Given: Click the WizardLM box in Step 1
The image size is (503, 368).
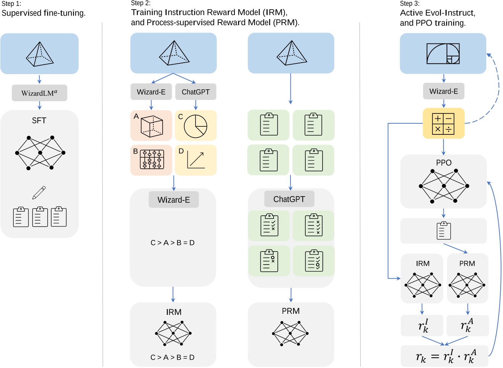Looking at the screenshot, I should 39,93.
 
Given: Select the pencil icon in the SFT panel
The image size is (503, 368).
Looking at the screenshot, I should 39,193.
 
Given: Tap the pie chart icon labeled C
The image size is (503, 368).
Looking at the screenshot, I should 195,126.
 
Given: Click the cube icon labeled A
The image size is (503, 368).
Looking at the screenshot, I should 152,126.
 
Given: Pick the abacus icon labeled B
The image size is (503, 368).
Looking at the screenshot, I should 152,160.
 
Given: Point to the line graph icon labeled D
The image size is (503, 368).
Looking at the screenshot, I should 196,160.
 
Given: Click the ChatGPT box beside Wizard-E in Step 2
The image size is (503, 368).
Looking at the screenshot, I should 195,92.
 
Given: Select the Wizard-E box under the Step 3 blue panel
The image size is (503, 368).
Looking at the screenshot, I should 443,91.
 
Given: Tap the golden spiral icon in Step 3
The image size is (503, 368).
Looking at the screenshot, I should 443,53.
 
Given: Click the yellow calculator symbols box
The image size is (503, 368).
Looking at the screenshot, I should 443,123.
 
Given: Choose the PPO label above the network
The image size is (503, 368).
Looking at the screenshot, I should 443,163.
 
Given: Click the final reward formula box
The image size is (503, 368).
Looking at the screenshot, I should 445,357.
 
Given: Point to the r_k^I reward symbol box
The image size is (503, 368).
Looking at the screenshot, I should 422,326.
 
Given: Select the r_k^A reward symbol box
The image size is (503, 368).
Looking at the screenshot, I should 467,326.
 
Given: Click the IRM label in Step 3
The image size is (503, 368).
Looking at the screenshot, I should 422,263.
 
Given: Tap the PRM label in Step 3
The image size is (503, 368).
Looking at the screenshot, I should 467,263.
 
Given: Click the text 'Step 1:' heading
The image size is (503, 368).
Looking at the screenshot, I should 11,4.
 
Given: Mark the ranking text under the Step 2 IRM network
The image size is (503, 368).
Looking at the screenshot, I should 173,357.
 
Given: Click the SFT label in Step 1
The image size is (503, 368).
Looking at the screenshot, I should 39,121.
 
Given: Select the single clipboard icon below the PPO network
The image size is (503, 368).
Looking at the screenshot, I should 443,231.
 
